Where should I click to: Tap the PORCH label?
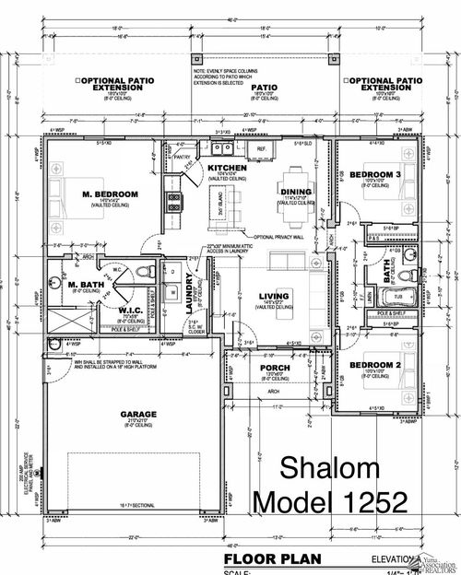click(x=276, y=370)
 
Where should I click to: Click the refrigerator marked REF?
click(x=261, y=147)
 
